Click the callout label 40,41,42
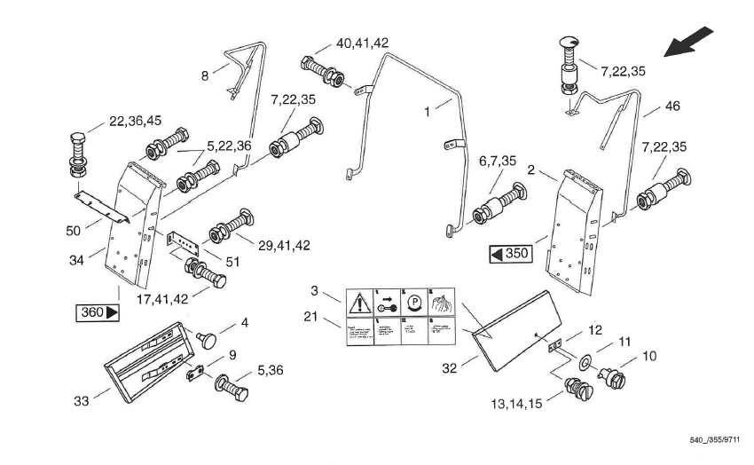(x=362, y=43)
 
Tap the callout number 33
(x=82, y=401)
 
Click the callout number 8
(x=204, y=75)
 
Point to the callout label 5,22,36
(x=230, y=146)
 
